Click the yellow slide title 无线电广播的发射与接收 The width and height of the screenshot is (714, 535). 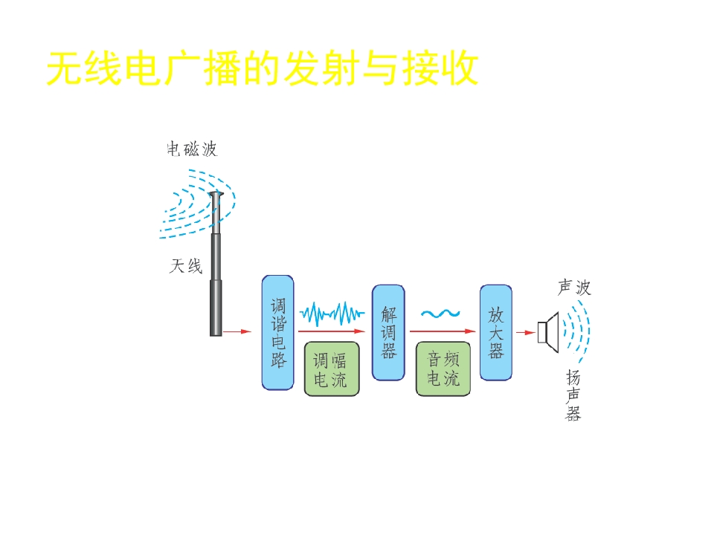click(263, 68)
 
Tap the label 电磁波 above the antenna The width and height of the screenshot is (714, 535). click(192, 149)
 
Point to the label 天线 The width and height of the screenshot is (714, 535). click(186, 266)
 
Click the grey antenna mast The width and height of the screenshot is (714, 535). click(216, 264)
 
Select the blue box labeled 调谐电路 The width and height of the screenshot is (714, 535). click(277, 333)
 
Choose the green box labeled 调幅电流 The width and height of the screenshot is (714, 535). click(332, 369)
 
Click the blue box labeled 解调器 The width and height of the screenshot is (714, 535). click(388, 333)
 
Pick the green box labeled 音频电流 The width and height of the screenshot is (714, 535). click(443, 369)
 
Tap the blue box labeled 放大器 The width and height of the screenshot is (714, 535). click(496, 333)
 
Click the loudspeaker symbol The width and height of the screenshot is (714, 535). click(548, 332)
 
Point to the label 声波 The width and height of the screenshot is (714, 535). click(574, 288)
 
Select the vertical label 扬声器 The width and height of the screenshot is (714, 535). click(573, 395)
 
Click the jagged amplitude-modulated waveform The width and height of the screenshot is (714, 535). click(332, 314)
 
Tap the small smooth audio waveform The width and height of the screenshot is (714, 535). click(440, 314)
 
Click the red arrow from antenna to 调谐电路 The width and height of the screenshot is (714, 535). click(237, 331)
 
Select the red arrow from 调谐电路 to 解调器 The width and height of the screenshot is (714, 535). click(332, 331)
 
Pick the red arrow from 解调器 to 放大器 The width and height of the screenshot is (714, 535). click(443, 331)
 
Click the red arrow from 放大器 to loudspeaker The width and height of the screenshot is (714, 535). click(526, 333)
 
